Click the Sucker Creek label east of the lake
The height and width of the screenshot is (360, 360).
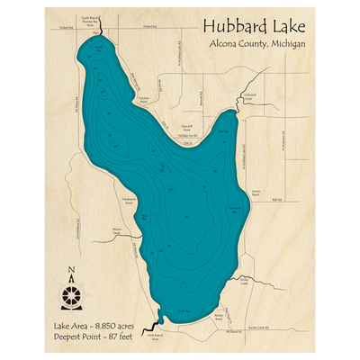(x=244, y=280)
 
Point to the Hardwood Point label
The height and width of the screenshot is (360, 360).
(x=127, y=202)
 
